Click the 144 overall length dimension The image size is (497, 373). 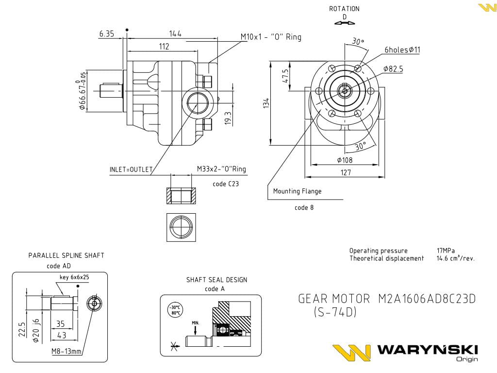point(175,34)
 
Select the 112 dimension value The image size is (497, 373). point(164,46)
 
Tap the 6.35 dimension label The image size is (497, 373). point(106,34)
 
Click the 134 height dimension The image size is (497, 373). point(266,103)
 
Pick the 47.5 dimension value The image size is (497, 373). point(285,76)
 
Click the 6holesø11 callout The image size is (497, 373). point(402,50)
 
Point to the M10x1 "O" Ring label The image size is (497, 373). point(271,37)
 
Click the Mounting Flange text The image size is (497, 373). point(297,191)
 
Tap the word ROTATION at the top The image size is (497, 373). point(344,9)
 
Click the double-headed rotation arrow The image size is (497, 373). point(344,22)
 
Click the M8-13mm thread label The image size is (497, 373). point(67,351)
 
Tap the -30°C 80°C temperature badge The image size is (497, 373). point(174,310)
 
